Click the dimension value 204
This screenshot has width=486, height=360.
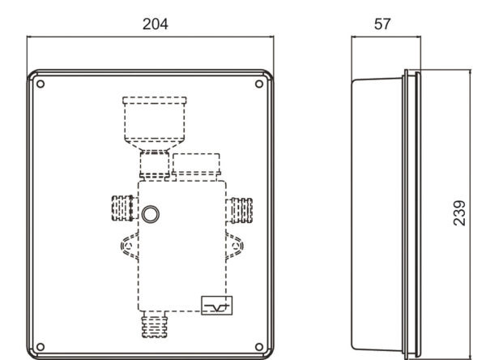(x=156, y=24)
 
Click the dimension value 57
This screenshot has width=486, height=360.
(x=382, y=24)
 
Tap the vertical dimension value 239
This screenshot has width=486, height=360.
(x=459, y=213)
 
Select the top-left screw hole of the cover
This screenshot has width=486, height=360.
(x=40, y=84)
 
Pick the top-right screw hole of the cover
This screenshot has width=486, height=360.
(x=259, y=84)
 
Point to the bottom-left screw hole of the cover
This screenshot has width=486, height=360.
(x=40, y=347)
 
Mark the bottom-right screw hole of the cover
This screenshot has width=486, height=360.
(x=259, y=347)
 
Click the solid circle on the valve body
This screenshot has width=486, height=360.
(x=151, y=214)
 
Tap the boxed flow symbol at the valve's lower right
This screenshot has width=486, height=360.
(x=216, y=306)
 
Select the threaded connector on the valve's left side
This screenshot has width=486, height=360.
(x=125, y=208)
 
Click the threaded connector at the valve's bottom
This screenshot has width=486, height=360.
(x=155, y=324)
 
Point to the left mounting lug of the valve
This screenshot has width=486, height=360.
(x=130, y=246)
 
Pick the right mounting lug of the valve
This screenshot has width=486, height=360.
(x=234, y=246)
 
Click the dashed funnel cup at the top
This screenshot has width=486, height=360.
(x=155, y=124)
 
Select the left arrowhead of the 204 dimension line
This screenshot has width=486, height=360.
(x=29, y=37)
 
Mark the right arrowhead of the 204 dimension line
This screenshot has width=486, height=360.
(x=271, y=37)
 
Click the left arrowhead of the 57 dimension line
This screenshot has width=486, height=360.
(x=354, y=37)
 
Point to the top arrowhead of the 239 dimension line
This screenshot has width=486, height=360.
(x=471, y=72)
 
